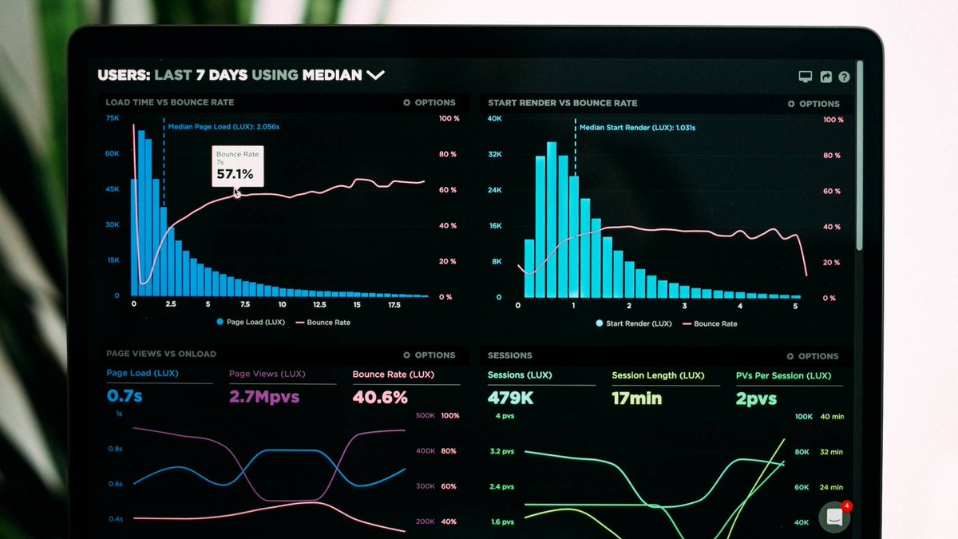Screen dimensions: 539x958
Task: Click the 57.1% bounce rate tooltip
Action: (x=237, y=166)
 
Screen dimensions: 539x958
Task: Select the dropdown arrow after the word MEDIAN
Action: (x=375, y=75)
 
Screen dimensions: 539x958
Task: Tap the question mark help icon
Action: (x=844, y=77)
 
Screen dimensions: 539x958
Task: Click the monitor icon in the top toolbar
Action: (x=806, y=77)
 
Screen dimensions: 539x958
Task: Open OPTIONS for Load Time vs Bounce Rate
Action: (x=430, y=102)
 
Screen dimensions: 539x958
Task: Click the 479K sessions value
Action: (x=510, y=398)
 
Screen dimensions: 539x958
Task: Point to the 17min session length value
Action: (x=636, y=398)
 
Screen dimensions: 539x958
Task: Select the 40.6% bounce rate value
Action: (x=380, y=397)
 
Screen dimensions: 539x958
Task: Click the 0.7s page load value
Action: (x=125, y=395)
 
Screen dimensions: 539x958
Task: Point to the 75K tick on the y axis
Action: (x=113, y=118)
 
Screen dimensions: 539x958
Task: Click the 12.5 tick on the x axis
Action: (x=319, y=304)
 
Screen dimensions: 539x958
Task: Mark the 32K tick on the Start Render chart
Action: (x=495, y=154)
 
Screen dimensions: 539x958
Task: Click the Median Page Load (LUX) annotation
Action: (x=224, y=126)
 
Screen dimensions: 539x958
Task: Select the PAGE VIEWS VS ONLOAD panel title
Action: (x=161, y=354)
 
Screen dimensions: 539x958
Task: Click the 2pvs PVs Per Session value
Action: (x=756, y=398)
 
